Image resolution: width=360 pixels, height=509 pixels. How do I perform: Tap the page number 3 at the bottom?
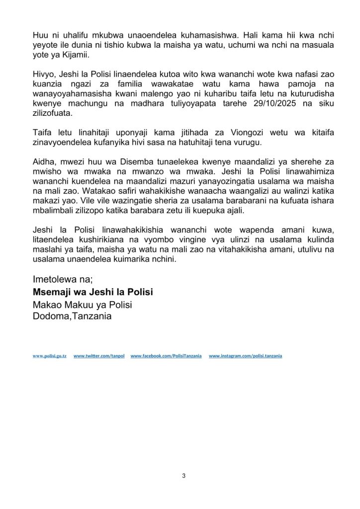click(183, 476)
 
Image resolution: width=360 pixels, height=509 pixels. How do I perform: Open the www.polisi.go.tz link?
click(50, 356)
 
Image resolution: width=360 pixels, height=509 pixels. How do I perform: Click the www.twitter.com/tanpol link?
click(98, 356)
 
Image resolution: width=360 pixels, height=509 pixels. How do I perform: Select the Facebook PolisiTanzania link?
click(166, 356)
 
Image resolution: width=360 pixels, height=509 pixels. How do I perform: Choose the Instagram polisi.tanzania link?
click(246, 356)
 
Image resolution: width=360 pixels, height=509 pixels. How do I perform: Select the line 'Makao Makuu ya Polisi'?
click(82, 304)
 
